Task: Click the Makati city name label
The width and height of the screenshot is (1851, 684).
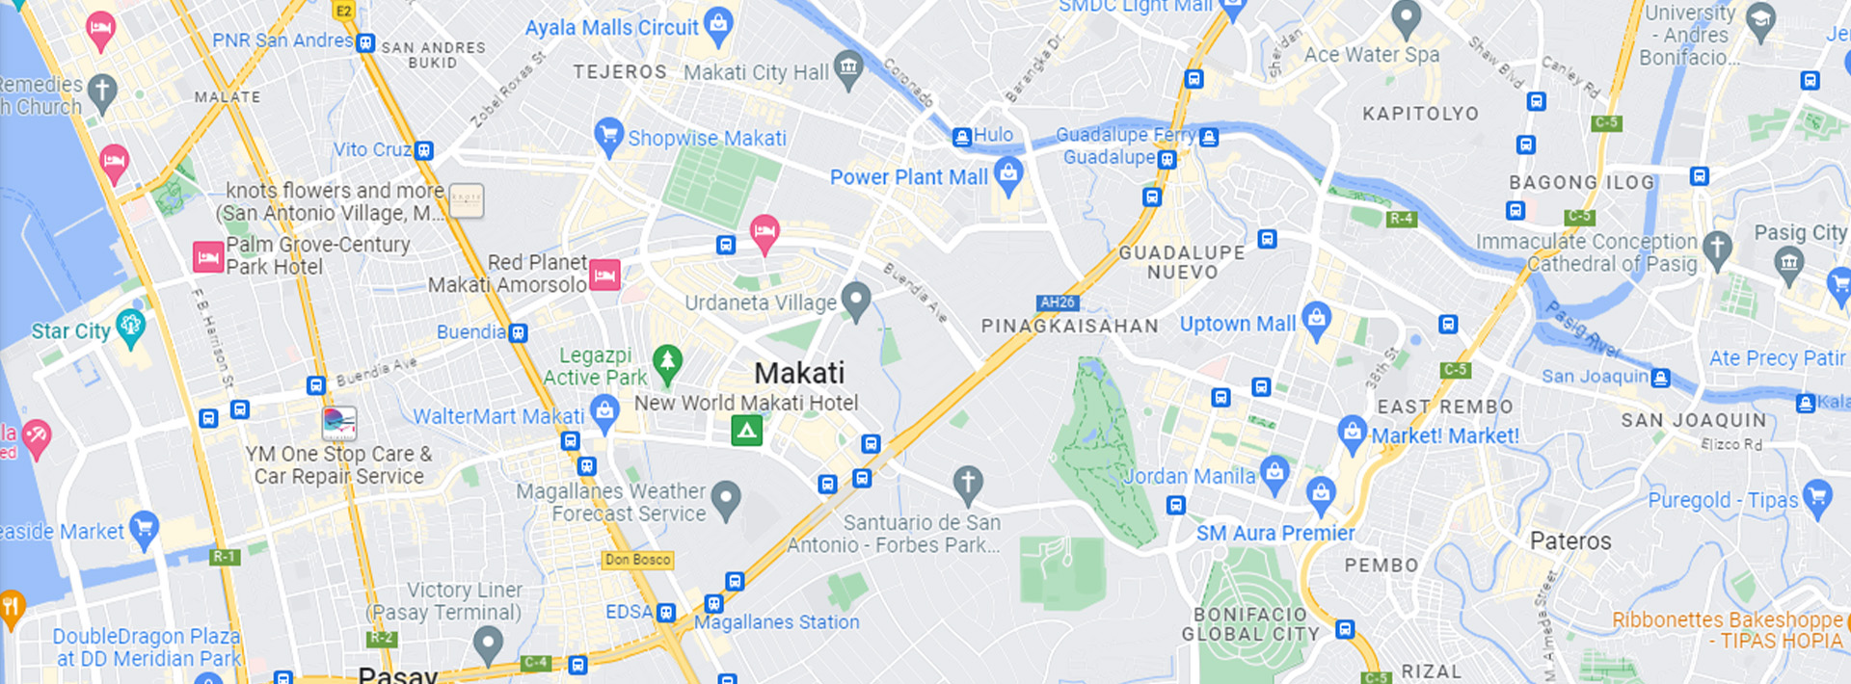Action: [x=799, y=374]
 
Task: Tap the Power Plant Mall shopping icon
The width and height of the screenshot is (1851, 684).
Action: [x=1008, y=175]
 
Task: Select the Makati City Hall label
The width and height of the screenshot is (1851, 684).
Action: [x=756, y=72]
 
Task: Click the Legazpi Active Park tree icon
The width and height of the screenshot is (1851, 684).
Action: [x=667, y=362]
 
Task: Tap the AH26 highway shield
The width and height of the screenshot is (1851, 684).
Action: [x=1057, y=303]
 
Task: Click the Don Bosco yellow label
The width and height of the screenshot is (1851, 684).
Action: [x=637, y=560]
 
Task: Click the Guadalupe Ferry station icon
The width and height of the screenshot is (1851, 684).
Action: [x=1209, y=137]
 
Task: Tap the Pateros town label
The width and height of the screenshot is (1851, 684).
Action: [x=1570, y=541]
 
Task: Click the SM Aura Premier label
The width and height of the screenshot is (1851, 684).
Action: [x=1274, y=534]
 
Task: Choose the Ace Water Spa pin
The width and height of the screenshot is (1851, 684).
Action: [x=1407, y=17]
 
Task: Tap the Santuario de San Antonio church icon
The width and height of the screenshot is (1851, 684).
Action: [x=968, y=483]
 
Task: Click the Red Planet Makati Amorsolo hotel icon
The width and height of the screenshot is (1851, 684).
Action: [x=604, y=276]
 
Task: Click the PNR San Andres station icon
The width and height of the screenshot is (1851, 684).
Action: [x=365, y=42]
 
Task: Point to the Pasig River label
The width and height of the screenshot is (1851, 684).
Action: [x=1581, y=330]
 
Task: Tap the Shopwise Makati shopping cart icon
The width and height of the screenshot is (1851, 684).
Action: [x=608, y=135]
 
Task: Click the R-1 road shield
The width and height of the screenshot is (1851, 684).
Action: [x=225, y=556]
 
